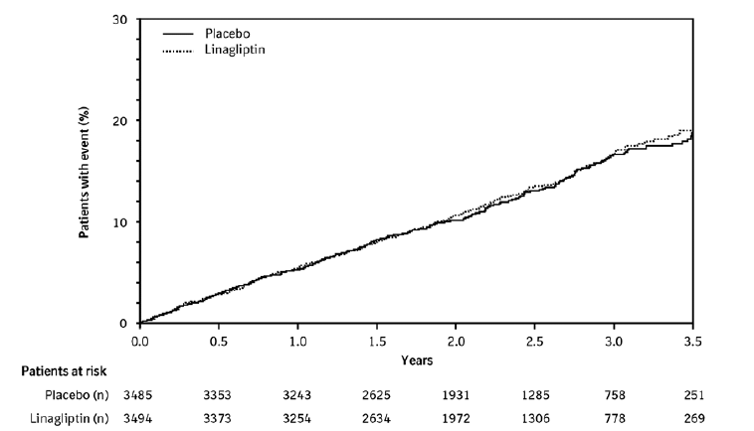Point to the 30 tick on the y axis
coord(122,19)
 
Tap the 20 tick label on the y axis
coord(122,120)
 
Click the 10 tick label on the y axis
coord(122,221)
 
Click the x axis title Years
coord(417,359)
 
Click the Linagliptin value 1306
coord(536,419)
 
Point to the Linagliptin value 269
coord(693,419)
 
